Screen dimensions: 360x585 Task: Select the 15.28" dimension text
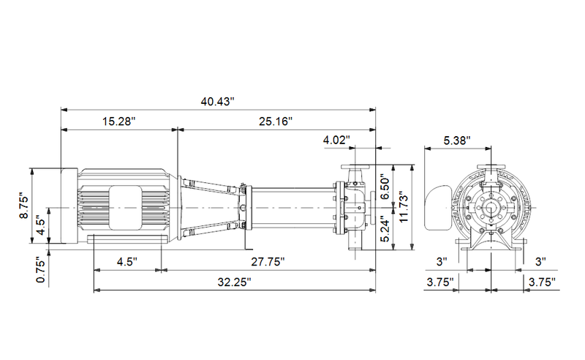click(x=118, y=121)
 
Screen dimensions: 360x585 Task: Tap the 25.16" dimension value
click(x=275, y=121)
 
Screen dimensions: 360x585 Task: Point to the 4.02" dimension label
click(x=336, y=139)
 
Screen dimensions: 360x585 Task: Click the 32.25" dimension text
click(x=234, y=282)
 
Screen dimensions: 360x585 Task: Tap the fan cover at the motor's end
click(x=68, y=206)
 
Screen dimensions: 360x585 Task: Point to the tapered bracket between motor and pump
click(x=212, y=207)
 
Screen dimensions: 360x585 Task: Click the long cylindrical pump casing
click(x=292, y=208)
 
